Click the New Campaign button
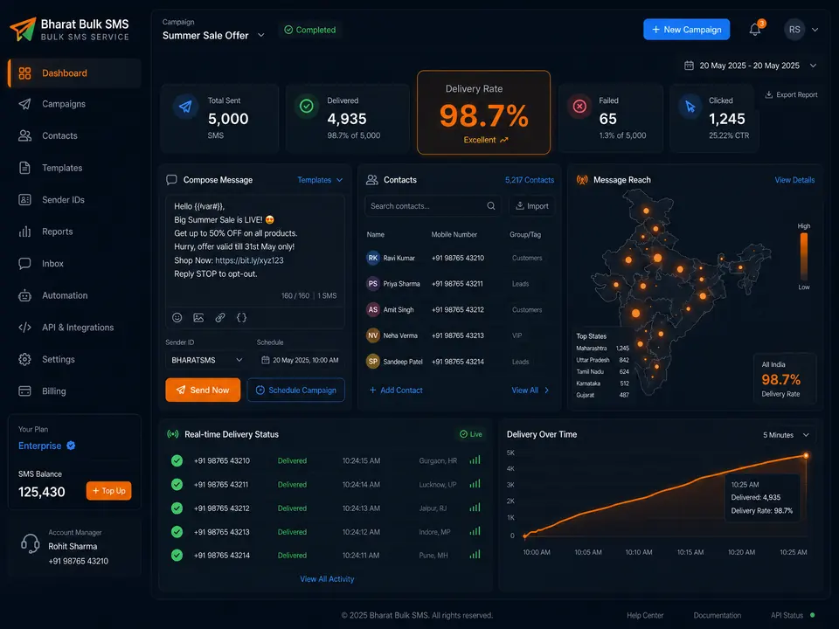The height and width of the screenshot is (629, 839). point(686,30)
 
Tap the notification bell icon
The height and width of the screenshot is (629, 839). point(755,30)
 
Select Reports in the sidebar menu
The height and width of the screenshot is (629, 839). point(58,232)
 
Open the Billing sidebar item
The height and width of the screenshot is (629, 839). point(53,391)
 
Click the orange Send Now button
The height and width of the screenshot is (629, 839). point(203,390)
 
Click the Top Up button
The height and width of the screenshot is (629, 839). point(108,490)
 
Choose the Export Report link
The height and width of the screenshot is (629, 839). point(792,94)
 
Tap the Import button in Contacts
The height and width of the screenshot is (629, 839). point(532,206)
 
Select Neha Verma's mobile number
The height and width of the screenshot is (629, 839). point(457,335)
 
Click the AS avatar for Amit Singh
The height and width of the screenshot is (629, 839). point(373,309)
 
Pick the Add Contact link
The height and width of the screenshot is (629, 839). point(396,391)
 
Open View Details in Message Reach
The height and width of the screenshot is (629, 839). point(794,180)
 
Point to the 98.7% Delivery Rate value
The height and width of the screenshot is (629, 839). point(484,115)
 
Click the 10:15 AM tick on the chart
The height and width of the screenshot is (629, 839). point(690,552)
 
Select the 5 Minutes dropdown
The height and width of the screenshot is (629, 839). point(786,435)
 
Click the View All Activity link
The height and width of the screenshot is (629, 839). point(327,578)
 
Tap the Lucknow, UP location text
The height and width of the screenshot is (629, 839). point(438,485)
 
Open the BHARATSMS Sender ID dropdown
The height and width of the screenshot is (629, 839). point(206,360)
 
